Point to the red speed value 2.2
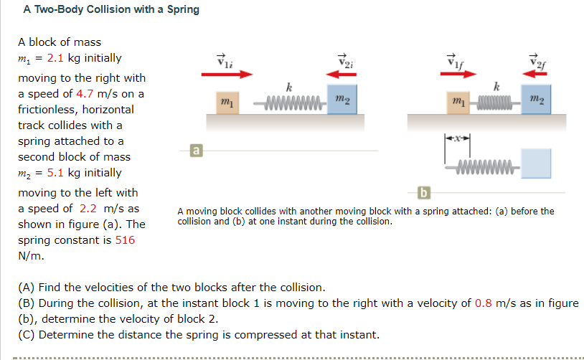[88, 208]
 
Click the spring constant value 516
[125, 240]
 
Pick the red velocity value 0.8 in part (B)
[484, 303]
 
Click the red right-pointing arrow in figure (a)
[227, 73]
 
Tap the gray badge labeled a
[194, 150]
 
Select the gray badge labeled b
[423, 192]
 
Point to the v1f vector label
[453, 60]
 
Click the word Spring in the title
[183, 10]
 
